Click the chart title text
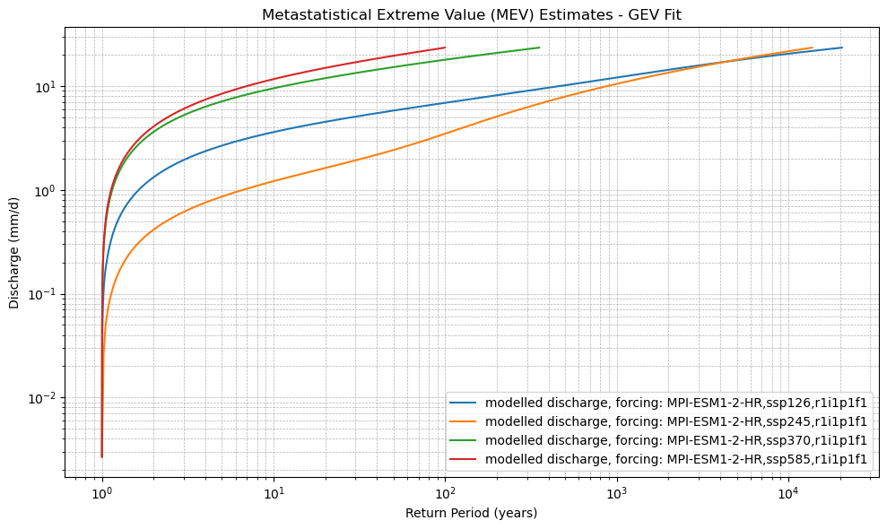tap(472, 14)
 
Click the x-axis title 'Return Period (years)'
tap(471, 513)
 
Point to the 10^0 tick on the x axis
tap(102, 494)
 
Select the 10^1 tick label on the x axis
tap(274, 494)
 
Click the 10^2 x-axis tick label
tap(445, 494)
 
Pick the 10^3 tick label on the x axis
tap(616, 494)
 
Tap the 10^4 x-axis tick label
tap(787, 494)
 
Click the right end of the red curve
tap(445, 48)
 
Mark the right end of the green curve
tap(539, 48)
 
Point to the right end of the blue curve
tap(842, 48)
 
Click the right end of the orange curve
tap(812, 48)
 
